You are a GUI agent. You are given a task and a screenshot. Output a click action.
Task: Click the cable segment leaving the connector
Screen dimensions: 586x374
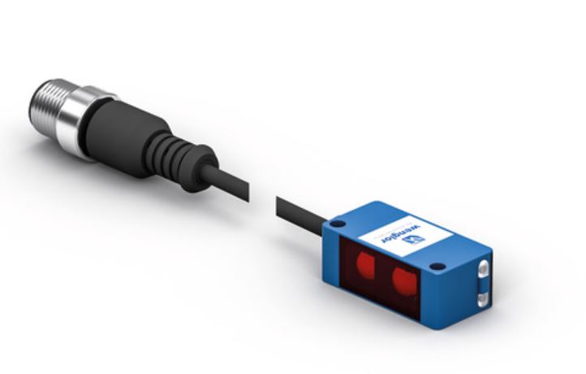(x=226, y=184)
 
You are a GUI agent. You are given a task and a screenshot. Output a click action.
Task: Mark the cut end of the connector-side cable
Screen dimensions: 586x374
(x=248, y=192)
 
